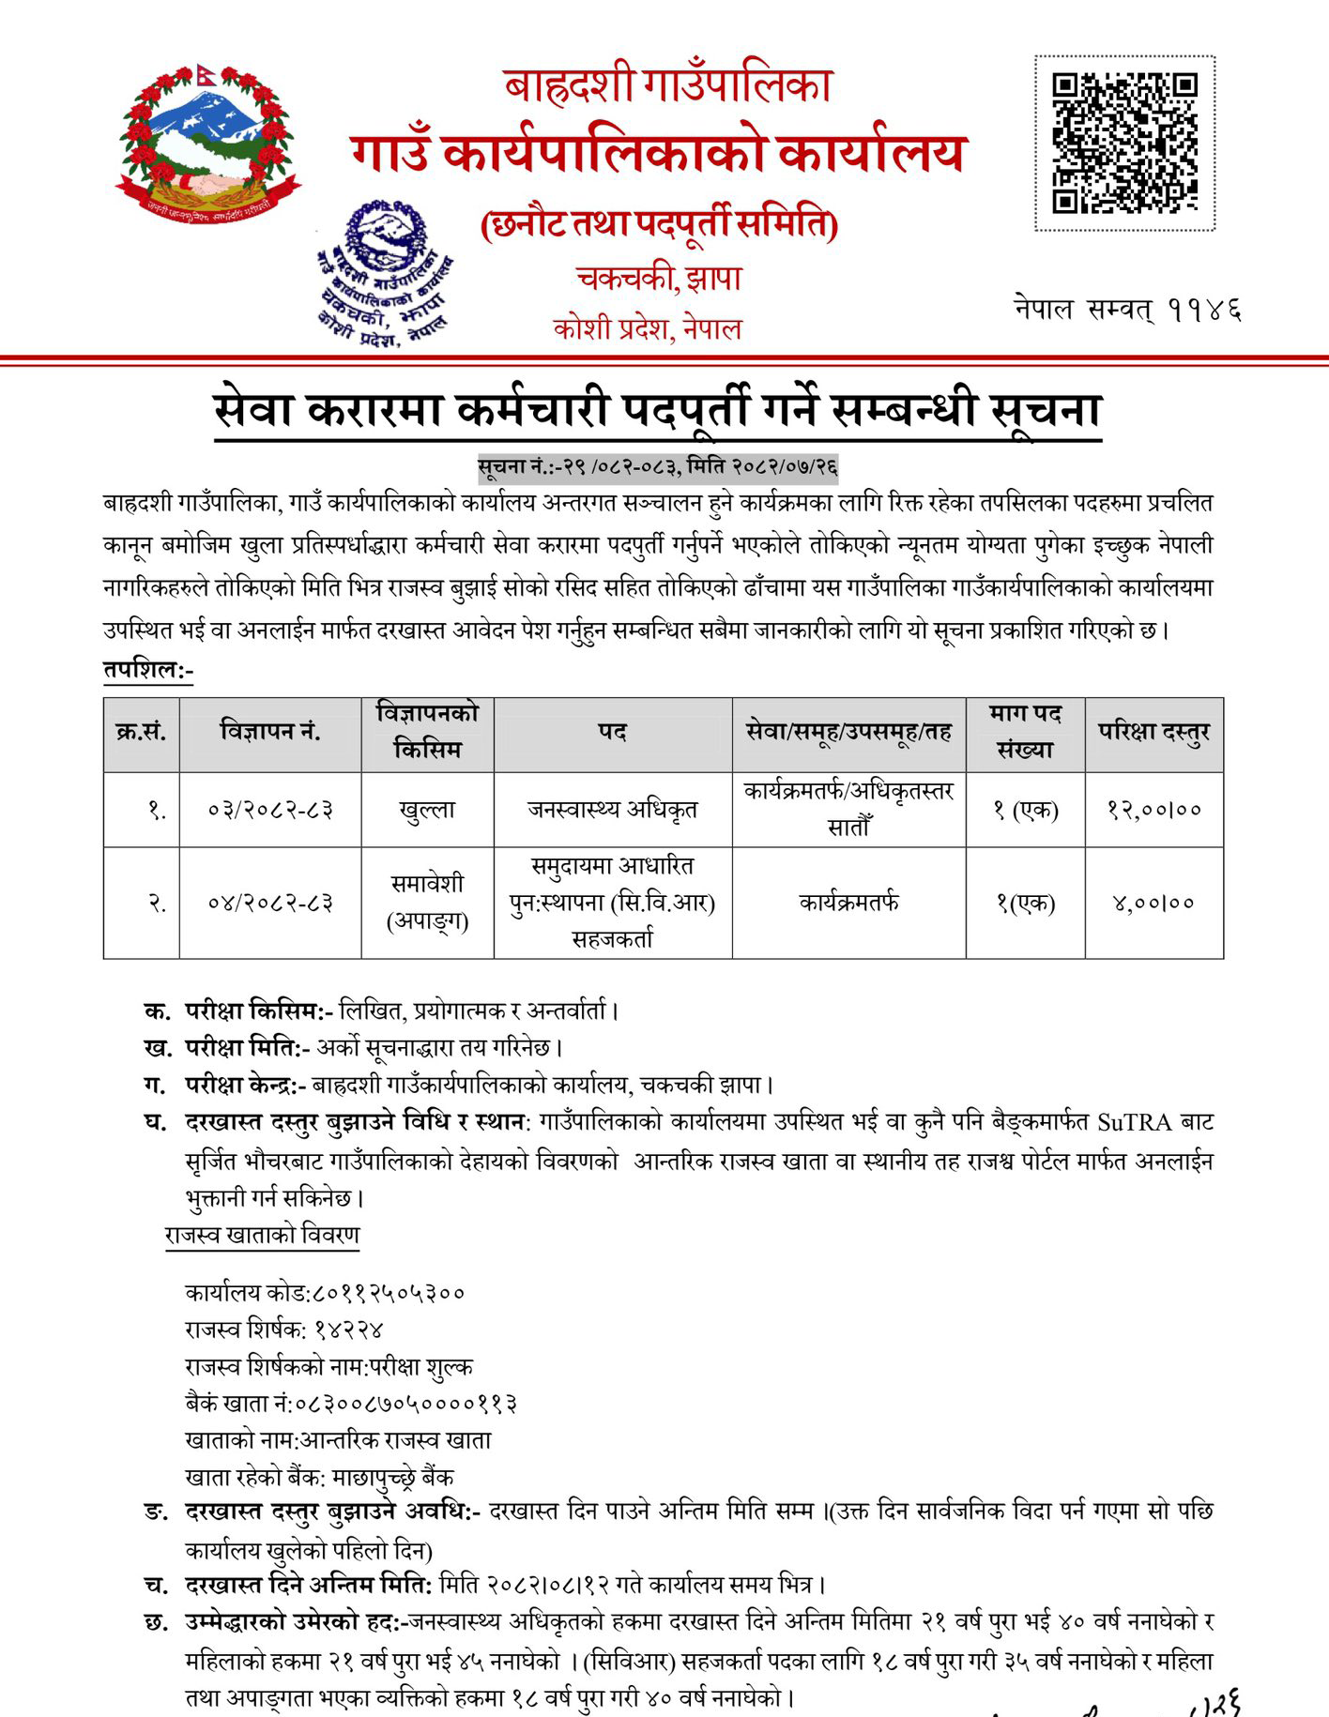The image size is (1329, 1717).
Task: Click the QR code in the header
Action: (x=1124, y=143)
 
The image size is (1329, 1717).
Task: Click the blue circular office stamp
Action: (x=385, y=272)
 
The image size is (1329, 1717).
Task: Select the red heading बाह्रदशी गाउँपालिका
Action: (x=667, y=87)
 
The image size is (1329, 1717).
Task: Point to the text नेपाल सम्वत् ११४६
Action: (x=1127, y=309)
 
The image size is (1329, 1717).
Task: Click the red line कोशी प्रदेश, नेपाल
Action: (x=648, y=329)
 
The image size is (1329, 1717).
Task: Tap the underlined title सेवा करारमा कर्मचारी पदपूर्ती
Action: (x=657, y=412)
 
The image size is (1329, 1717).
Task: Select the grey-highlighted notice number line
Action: (x=657, y=466)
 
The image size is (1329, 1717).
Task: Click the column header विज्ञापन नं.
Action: (x=270, y=733)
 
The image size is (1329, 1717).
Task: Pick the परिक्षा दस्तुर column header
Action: (x=1153, y=733)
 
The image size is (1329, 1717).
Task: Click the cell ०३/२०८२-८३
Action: (x=270, y=810)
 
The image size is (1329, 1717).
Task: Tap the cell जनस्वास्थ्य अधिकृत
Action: (x=612, y=810)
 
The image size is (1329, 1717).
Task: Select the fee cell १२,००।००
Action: (x=1153, y=810)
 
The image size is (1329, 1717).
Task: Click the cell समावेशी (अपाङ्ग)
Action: (x=428, y=903)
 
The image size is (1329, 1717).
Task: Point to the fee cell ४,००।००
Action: (x=1153, y=904)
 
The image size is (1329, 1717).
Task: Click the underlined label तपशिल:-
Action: (x=148, y=672)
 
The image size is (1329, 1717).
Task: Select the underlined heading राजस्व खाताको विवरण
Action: (x=262, y=1235)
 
